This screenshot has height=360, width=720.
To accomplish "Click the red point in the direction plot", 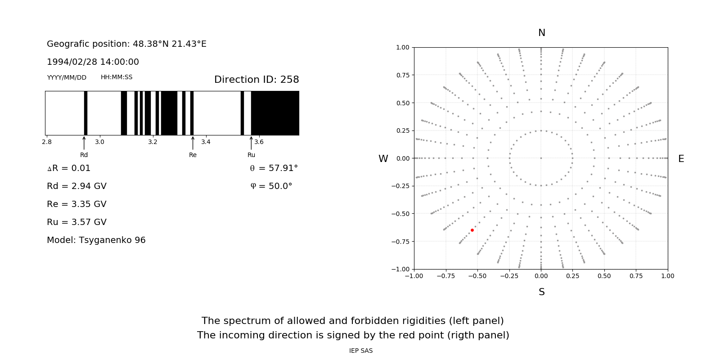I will coord(472,230).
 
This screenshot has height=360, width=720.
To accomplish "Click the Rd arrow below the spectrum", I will coord(84,143).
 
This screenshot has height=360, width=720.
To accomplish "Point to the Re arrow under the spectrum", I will coord(193,143).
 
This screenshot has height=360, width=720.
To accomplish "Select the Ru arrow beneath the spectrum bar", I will coord(251,143).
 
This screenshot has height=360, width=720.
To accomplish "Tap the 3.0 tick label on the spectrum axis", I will coord(99,142).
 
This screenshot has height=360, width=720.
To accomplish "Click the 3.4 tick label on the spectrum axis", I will coord(206,142).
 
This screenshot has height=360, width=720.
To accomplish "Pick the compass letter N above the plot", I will coord(542,33).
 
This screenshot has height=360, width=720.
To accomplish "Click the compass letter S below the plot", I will coord(542,292).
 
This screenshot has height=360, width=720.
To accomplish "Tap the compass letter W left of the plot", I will coord(383,159).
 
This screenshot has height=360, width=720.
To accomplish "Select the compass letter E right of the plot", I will coord(681,159).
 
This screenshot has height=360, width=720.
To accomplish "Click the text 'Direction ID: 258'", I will coord(256,80).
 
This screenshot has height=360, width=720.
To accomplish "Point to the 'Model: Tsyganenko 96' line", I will coord(96,240).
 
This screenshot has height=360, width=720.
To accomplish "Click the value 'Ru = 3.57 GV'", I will coord(76,222).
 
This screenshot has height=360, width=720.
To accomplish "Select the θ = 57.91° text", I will coord(274,168).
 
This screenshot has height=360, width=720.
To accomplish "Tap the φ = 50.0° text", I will coord(271,186).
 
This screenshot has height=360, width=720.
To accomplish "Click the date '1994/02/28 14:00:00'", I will coord(93,62).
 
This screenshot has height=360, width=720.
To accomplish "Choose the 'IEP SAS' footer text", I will coord(361,351).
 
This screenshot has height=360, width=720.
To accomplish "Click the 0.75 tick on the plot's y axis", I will coord(402,75).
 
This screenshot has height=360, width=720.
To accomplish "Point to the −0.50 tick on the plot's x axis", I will coord(477,276).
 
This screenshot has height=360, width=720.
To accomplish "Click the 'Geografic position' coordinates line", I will coord(126,44).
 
